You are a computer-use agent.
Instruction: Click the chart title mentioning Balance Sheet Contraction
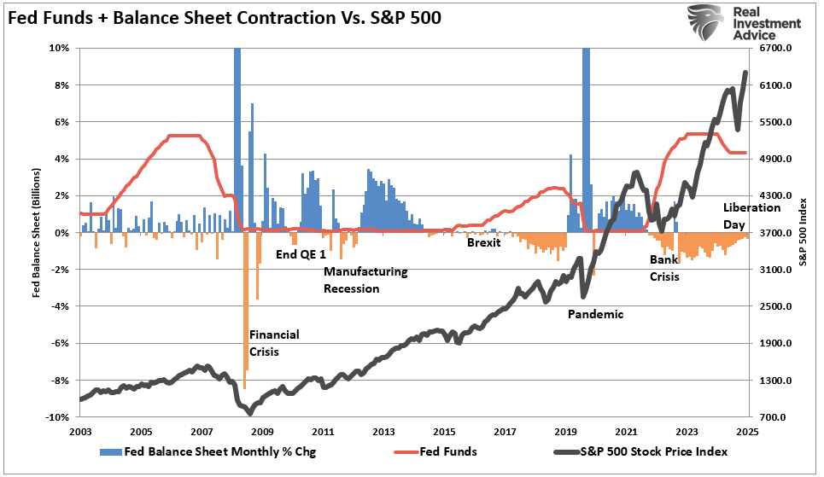[x=224, y=18]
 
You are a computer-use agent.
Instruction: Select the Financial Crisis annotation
[x=274, y=343]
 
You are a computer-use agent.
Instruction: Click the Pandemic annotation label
[x=595, y=314]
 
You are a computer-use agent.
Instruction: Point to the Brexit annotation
[x=483, y=242]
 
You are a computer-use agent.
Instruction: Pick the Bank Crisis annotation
[x=664, y=267]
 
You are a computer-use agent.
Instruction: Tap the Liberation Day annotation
[x=751, y=215]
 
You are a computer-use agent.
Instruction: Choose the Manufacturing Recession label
[x=365, y=280]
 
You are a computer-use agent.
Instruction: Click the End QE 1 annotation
[x=301, y=253]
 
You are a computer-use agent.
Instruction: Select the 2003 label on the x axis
[x=79, y=433]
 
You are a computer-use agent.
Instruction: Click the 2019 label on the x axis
[x=566, y=433]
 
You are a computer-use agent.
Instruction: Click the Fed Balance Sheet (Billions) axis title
[x=36, y=233]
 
